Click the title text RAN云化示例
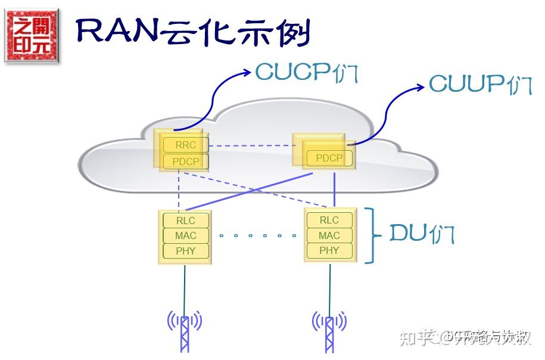point(194,33)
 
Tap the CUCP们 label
point(306,72)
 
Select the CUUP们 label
point(480,84)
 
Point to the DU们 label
point(422,234)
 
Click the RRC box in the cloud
point(186,145)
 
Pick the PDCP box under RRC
point(186,162)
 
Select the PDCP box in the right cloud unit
point(329,159)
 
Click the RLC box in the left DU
point(185,221)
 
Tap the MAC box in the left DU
point(185,235)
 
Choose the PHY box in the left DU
point(185,251)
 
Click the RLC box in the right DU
point(329,220)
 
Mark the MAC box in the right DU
point(329,235)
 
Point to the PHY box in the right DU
point(329,250)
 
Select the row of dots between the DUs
point(257,235)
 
